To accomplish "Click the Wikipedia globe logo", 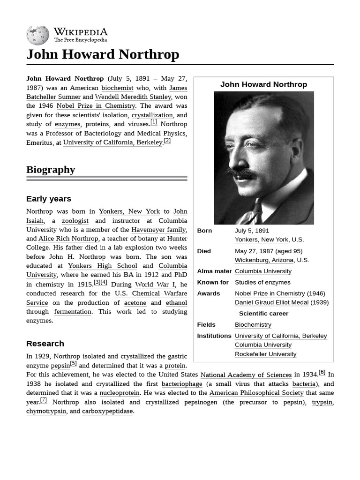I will click(37, 35).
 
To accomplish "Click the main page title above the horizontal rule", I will click(103, 54).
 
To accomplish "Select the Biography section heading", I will click(51, 170).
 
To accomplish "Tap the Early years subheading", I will click(49, 199).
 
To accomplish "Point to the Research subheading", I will click(45, 344).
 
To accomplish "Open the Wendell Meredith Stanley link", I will click(133, 97).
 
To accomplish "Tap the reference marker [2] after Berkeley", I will click(167, 141).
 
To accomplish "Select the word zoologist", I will click(75, 220).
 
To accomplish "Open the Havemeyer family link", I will click(159, 230).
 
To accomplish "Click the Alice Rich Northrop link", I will click(68, 239).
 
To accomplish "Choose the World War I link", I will click(155, 285).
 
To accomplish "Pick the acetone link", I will click(135, 303).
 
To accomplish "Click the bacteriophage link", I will click(182, 384).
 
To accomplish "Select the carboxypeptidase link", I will click(108, 411).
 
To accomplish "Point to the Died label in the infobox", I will click(204, 251).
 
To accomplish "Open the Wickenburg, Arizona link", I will click(264, 260).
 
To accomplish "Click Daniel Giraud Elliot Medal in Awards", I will click(272, 302).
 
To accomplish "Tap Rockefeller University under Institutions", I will click(265, 354).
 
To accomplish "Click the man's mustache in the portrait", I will click(242, 173).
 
